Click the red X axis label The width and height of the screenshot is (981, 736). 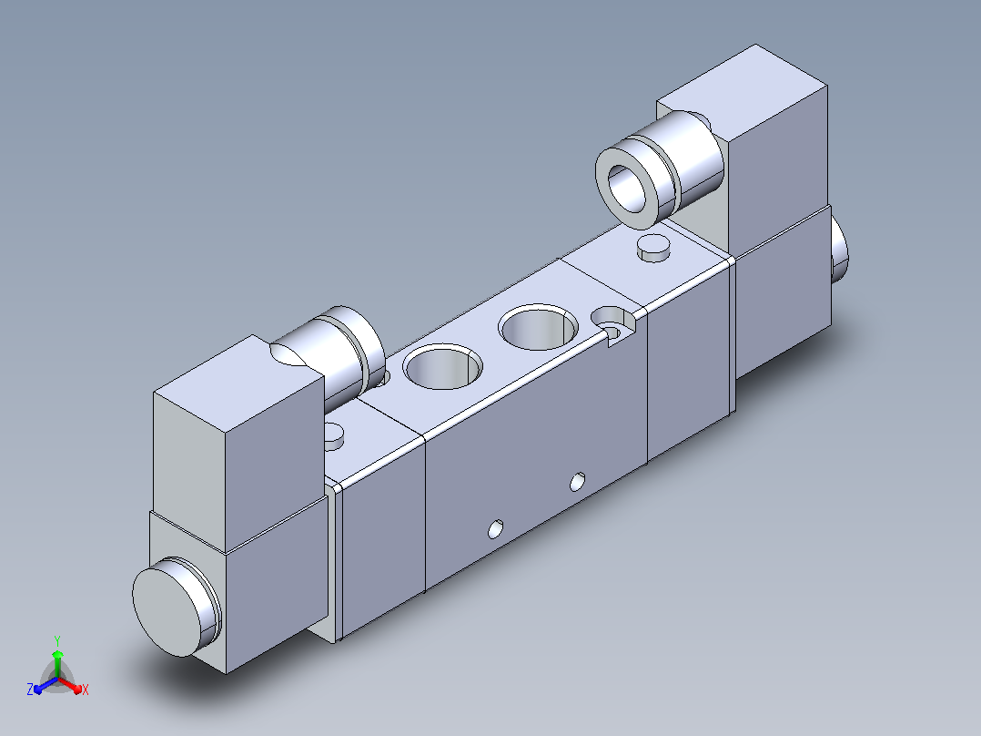point(86,690)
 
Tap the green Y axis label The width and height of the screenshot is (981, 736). point(57,640)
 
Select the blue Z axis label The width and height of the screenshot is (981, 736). point(30,689)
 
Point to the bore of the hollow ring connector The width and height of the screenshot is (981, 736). point(626,188)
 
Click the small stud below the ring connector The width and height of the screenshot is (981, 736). point(653,248)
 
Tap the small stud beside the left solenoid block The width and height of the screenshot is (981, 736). point(333,436)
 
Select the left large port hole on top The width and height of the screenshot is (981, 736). point(443,366)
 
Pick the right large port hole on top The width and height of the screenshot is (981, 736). point(539,327)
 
